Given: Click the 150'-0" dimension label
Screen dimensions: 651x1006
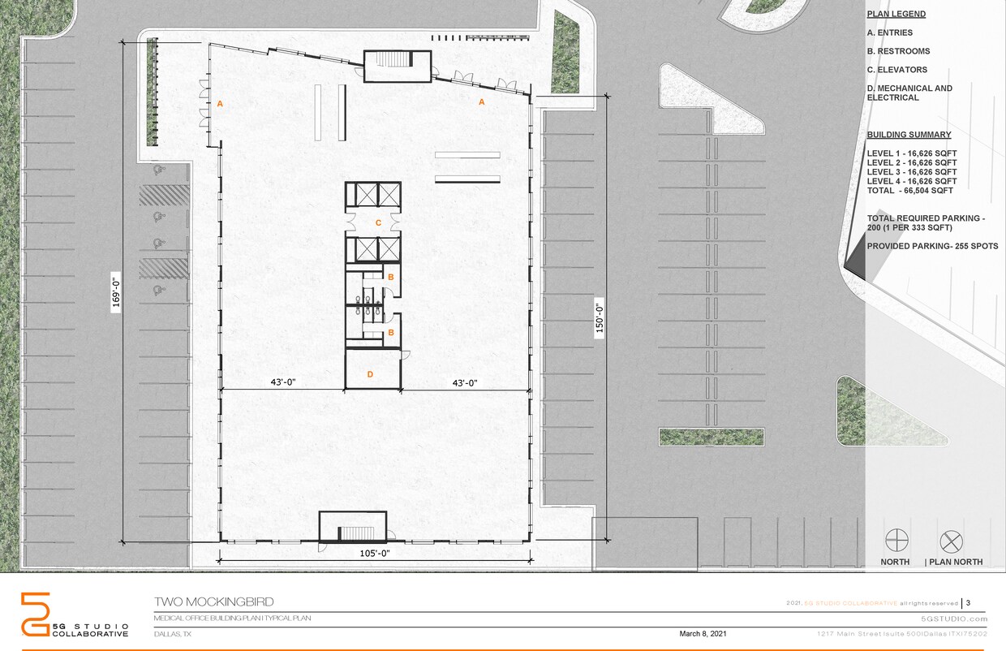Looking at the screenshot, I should click(x=600, y=319).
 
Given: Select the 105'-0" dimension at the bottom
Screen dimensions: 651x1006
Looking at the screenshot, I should click(x=375, y=554).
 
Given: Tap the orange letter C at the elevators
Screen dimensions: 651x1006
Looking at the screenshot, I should click(x=377, y=222).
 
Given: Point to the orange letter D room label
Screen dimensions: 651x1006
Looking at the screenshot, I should click(x=370, y=374).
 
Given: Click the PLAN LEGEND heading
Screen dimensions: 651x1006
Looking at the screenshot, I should click(x=896, y=14).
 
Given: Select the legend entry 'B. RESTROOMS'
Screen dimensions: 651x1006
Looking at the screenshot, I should click(x=898, y=51).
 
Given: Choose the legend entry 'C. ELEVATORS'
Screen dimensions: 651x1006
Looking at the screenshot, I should click(x=896, y=70).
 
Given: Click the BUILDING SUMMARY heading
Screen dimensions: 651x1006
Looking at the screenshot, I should click(x=909, y=135).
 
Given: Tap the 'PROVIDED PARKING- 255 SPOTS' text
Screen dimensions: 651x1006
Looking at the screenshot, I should click(x=932, y=246).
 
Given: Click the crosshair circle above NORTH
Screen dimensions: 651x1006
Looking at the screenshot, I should click(x=896, y=541).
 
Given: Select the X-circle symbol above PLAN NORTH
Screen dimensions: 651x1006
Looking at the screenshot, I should click(x=950, y=541).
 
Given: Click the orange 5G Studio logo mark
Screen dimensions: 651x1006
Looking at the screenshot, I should click(x=36, y=614).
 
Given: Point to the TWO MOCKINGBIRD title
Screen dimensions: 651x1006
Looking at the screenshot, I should click(x=214, y=602).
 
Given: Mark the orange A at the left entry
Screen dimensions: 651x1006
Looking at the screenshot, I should click(x=219, y=104).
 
